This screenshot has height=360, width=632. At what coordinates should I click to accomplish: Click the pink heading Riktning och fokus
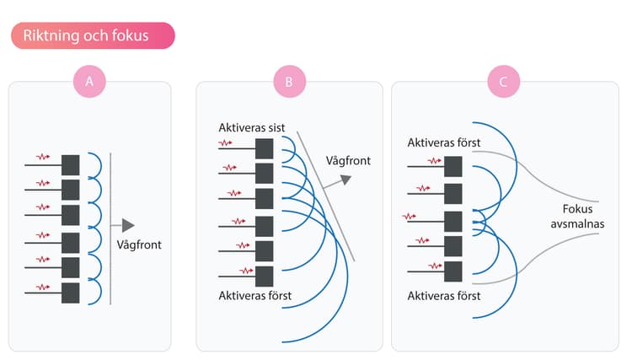point(93,35)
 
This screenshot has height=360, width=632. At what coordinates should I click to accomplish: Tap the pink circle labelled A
point(89,82)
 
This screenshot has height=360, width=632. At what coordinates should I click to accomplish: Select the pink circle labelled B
point(289,82)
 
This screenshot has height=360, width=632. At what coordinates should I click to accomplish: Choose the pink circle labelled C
point(503,82)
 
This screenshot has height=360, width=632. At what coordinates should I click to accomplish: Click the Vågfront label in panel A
point(139,244)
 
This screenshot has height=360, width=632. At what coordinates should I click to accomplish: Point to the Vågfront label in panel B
point(348,161)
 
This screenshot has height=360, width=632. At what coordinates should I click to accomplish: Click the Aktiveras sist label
point(251,128)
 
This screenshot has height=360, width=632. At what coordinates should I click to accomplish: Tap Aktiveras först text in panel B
point(255,295)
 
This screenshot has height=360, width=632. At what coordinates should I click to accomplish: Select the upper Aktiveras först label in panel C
point(444,142)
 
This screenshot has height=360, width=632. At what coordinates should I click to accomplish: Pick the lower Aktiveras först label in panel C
point(444,296)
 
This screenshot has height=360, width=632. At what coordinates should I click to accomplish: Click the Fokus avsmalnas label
point(577,216)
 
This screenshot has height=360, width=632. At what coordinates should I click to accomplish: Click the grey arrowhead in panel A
point(128,225)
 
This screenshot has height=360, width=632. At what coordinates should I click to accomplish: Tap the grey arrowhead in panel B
point(345,179)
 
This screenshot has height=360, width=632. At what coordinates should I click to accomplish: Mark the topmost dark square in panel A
point(71,165)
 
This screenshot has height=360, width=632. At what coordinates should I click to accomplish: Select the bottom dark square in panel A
point(71,293)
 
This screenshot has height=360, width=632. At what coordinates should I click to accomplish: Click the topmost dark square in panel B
point(265,148)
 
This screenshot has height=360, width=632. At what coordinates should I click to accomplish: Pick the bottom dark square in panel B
point(265,277)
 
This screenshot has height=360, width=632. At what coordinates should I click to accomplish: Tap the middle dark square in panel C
point(453,222)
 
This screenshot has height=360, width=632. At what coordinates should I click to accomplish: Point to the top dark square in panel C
point(453,167)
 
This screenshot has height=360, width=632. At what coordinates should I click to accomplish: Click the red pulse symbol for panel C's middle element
point(409,217)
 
